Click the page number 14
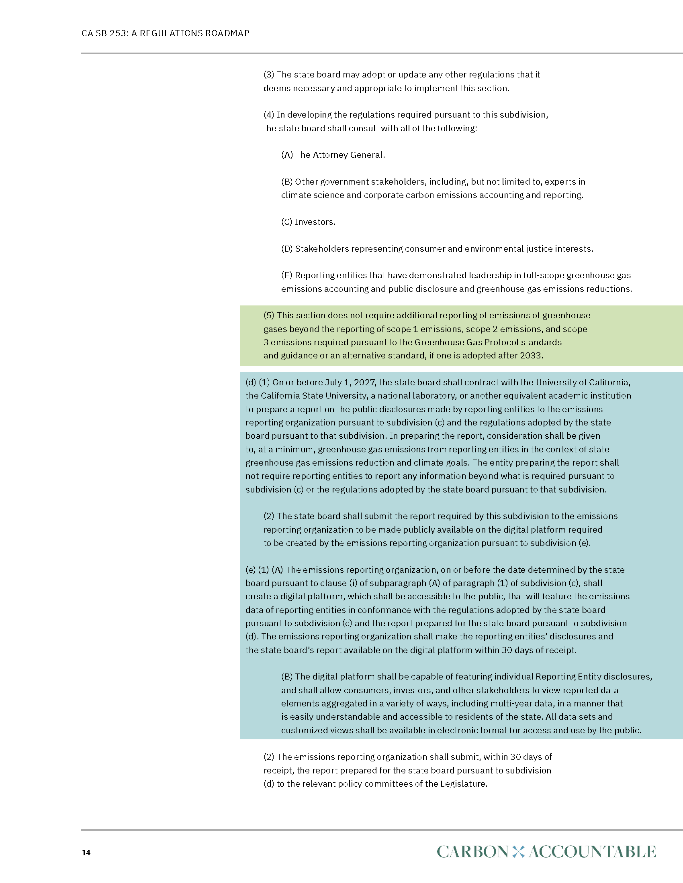click(86, 852)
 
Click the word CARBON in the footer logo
click(472, 851)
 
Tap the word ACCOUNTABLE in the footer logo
click(592, 851)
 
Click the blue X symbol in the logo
click(518, 851)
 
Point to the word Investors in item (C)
click(315, 222)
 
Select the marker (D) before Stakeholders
click(287, 249)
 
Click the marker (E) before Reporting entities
click(286, 275)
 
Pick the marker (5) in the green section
click(269, 315)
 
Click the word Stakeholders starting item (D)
click(321, 249)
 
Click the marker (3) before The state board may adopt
click(269, 75)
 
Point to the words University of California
click(582, 382)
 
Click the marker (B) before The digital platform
click(287, 676)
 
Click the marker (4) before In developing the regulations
click(269, 115)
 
